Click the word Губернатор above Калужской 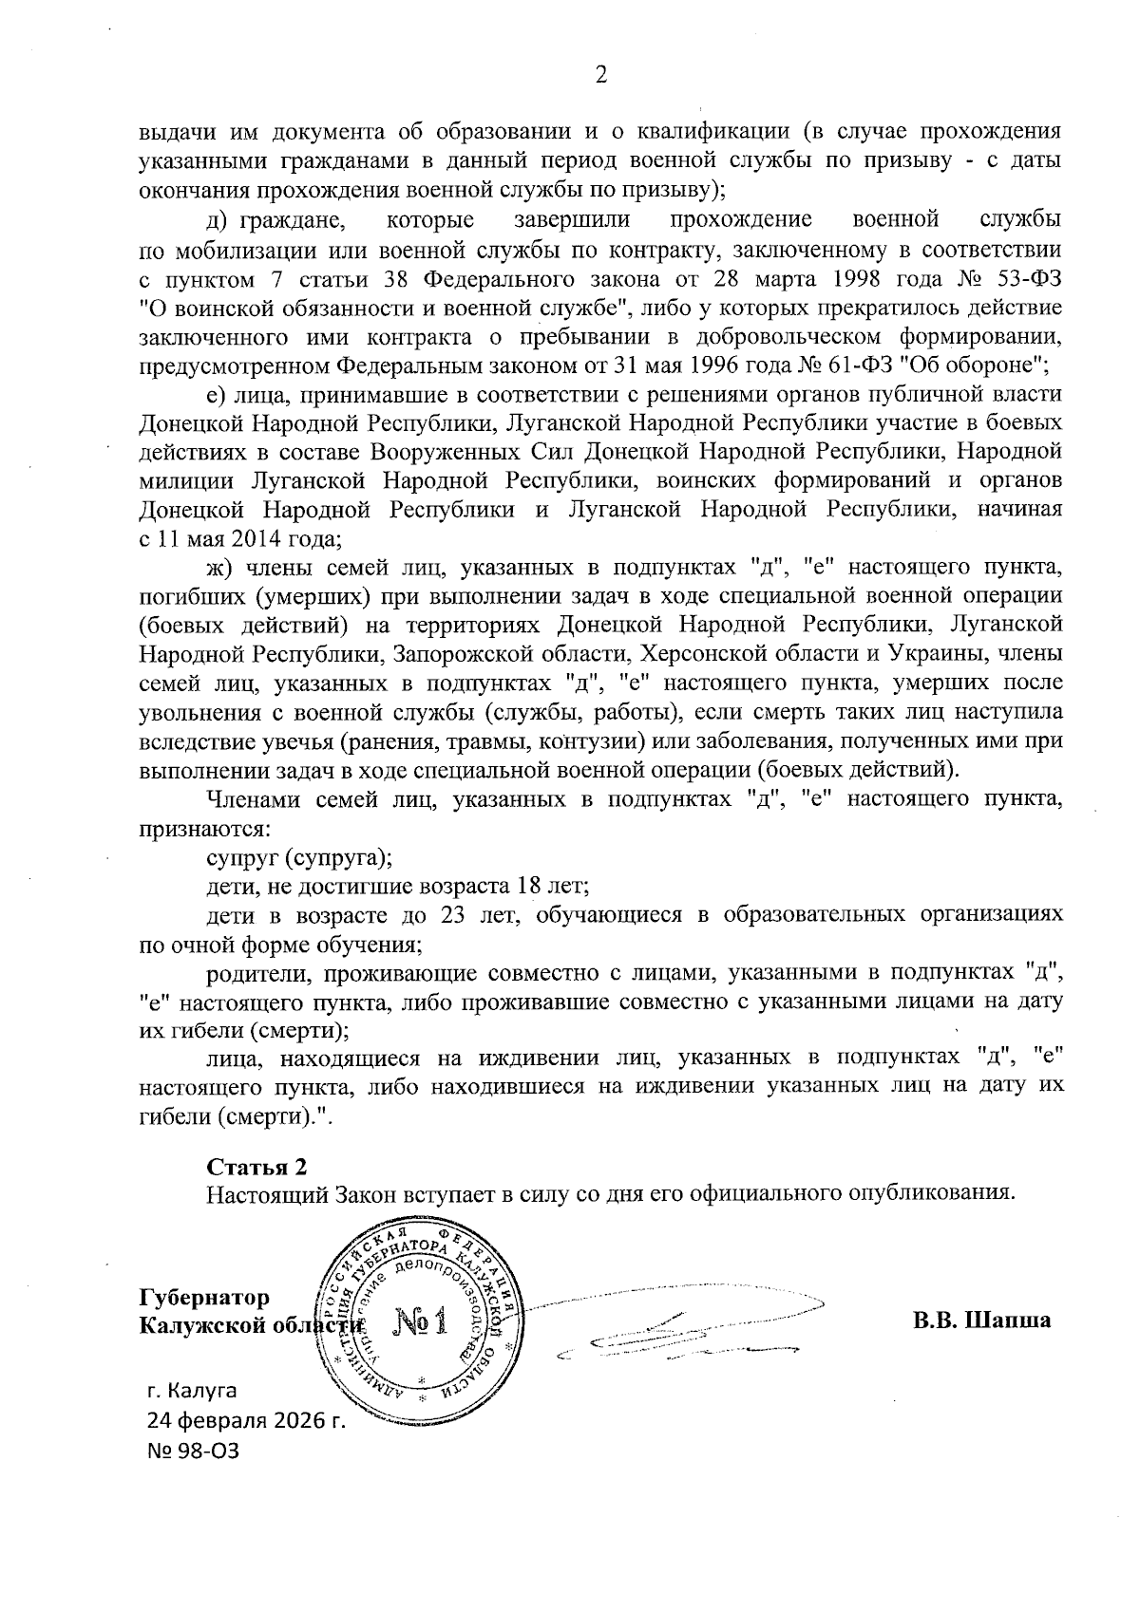(x=204, y=1297)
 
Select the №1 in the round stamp (x=419, y=1322)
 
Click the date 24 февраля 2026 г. (x=244, y=1421)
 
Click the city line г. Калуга (x=192, y=1391)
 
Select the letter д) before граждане (x=216, y=221)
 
